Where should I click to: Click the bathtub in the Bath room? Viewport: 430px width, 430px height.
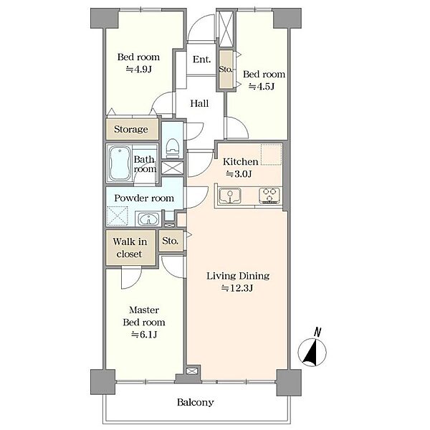(120, 163)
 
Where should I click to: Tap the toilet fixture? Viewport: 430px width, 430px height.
(173, 148)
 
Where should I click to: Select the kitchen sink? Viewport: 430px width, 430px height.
(230, 196)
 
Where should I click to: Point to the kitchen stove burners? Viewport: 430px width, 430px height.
(269, 196)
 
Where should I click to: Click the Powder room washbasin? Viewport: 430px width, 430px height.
(148, 219)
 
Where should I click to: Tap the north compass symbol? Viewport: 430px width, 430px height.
(312, 348)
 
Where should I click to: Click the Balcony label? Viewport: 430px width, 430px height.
(195, 402)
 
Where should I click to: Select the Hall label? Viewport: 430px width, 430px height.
(199, 103)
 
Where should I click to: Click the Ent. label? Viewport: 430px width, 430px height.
(201, 59)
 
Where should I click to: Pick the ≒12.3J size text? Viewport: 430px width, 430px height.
(237, 288)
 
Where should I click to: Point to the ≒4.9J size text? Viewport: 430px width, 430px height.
(139, 69)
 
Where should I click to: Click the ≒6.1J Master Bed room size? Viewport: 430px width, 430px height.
(144, 335)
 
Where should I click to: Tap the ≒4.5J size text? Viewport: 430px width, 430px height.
(262, 87)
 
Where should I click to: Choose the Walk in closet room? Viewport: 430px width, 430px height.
(130, 248)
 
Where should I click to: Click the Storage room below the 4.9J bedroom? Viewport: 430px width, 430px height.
(132, 129)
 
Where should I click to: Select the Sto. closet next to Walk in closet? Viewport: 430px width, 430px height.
(171, 241)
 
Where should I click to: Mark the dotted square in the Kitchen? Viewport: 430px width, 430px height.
(271, 155)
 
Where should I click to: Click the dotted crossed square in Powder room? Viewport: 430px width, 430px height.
(118, 216)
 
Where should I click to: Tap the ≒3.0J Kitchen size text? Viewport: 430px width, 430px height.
(239, 174)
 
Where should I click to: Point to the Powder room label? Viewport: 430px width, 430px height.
(144, 198)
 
